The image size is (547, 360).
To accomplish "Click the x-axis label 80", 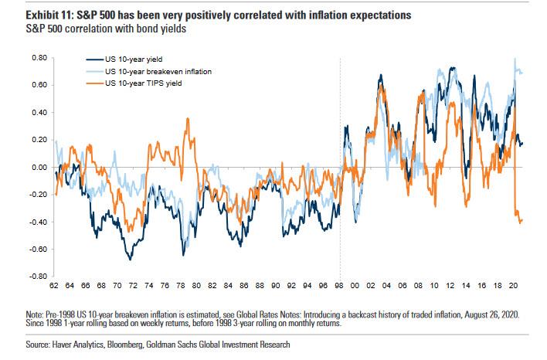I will tap(198, 286).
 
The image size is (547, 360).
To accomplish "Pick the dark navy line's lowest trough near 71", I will tap(130, 260).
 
